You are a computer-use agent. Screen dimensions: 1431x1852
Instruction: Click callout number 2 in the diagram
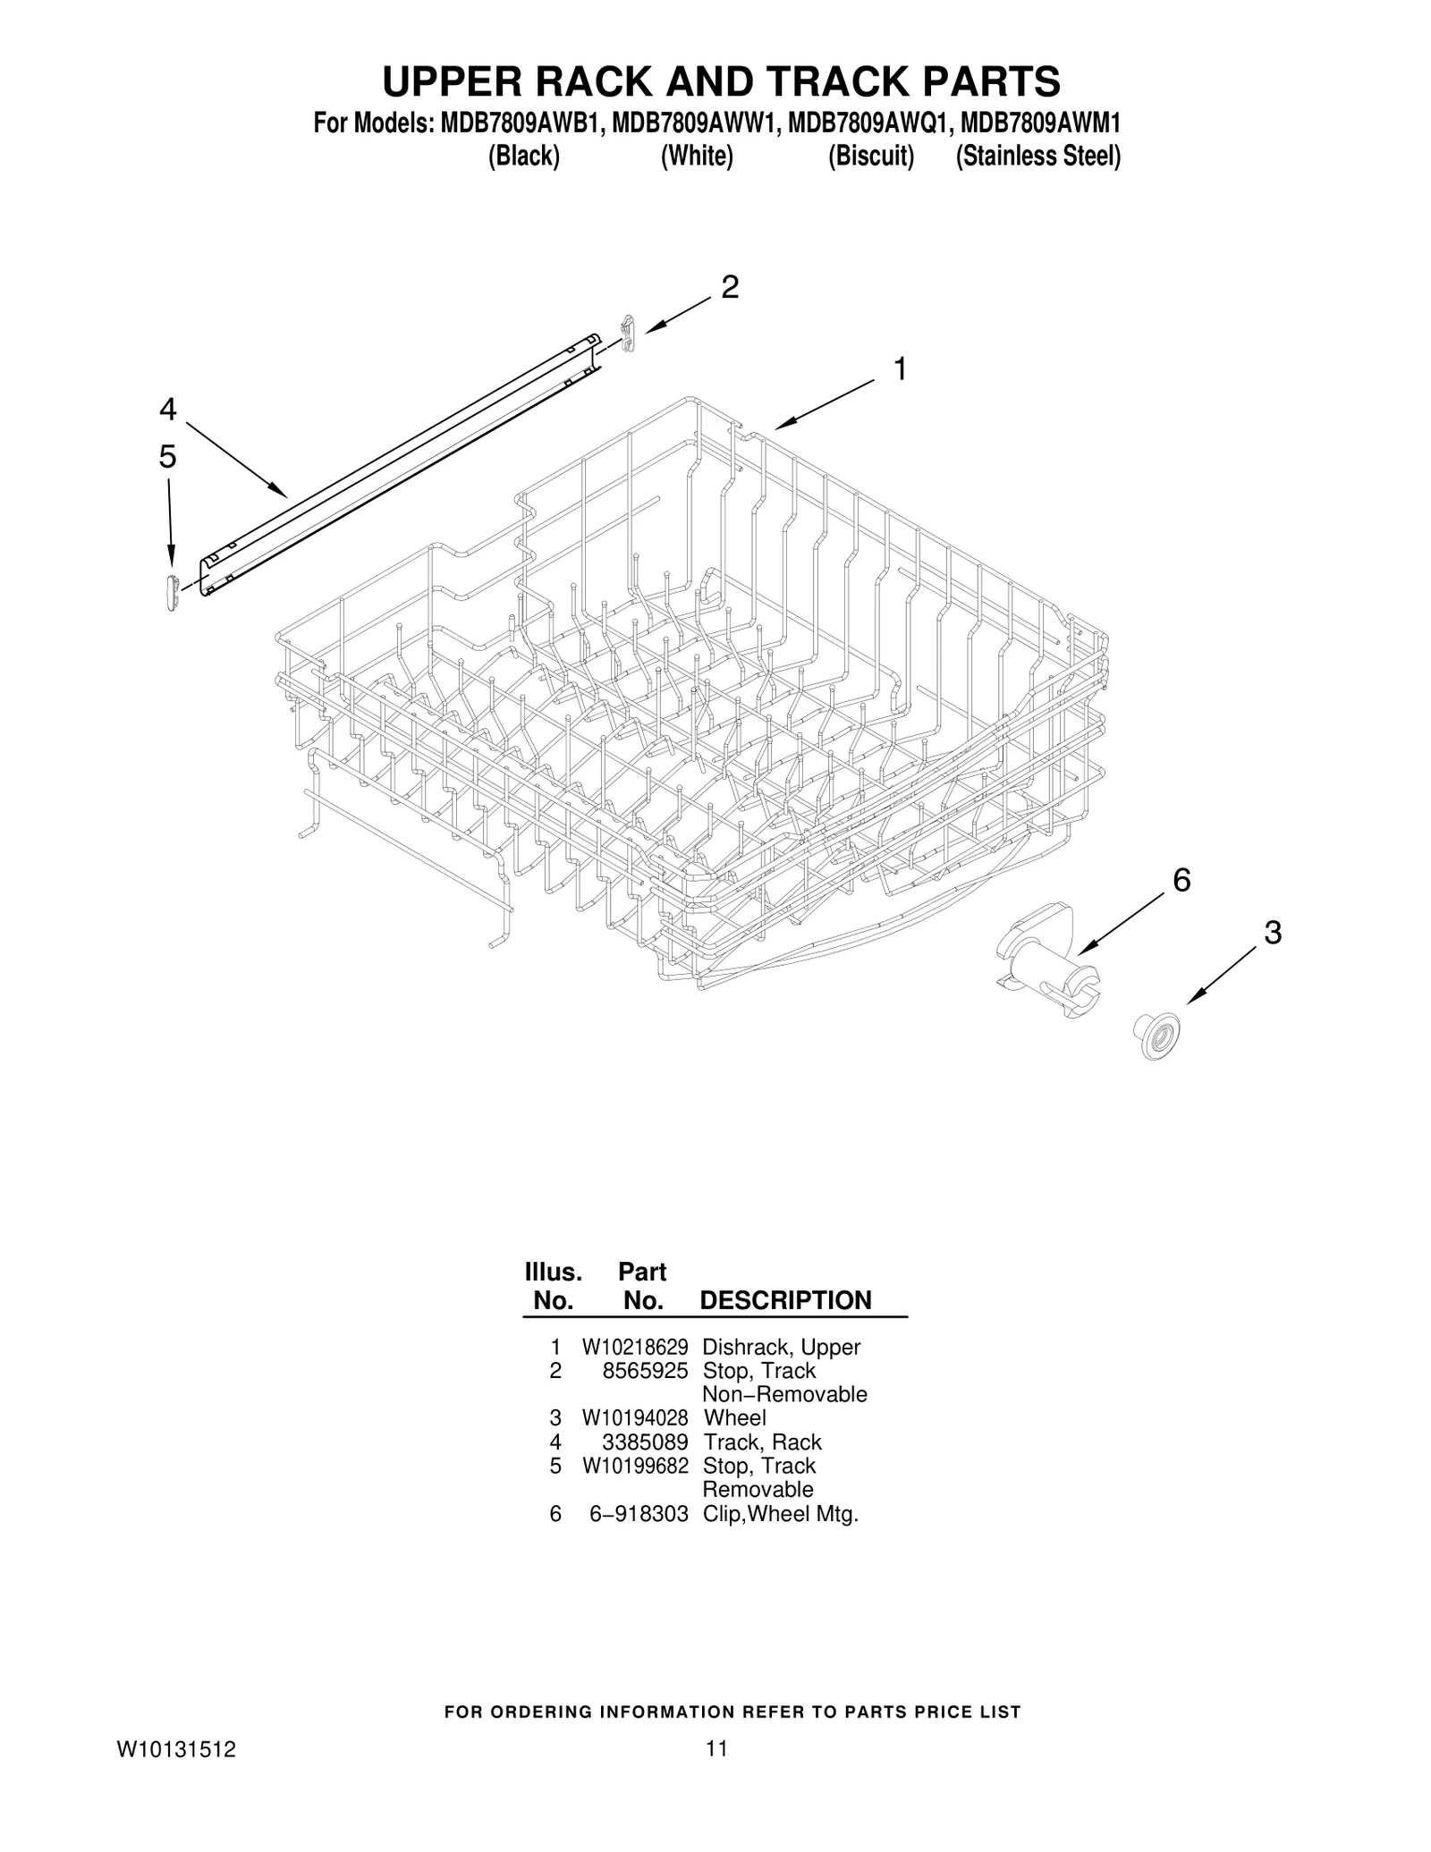(730, 287)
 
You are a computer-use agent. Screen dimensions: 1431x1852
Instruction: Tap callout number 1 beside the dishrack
(901, 368)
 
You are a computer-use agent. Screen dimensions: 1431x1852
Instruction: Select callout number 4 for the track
(168, 410)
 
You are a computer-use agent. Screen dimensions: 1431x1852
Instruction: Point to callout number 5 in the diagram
(168, 457)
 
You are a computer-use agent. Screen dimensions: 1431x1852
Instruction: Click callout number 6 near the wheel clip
(1181, 881)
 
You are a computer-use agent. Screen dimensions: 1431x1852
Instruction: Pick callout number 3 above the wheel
(1273, 933)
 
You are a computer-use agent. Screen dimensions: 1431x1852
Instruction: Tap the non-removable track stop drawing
(629, 334)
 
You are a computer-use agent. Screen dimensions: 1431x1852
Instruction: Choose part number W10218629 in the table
(635, 1348)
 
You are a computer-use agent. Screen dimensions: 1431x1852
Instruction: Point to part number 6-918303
(639, 1513)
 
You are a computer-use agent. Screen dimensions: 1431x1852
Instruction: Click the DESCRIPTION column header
(785, 1300)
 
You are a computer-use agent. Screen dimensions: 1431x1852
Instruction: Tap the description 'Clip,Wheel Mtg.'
(781, 1513)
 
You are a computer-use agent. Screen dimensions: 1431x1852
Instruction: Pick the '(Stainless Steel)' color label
(1037, 156)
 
